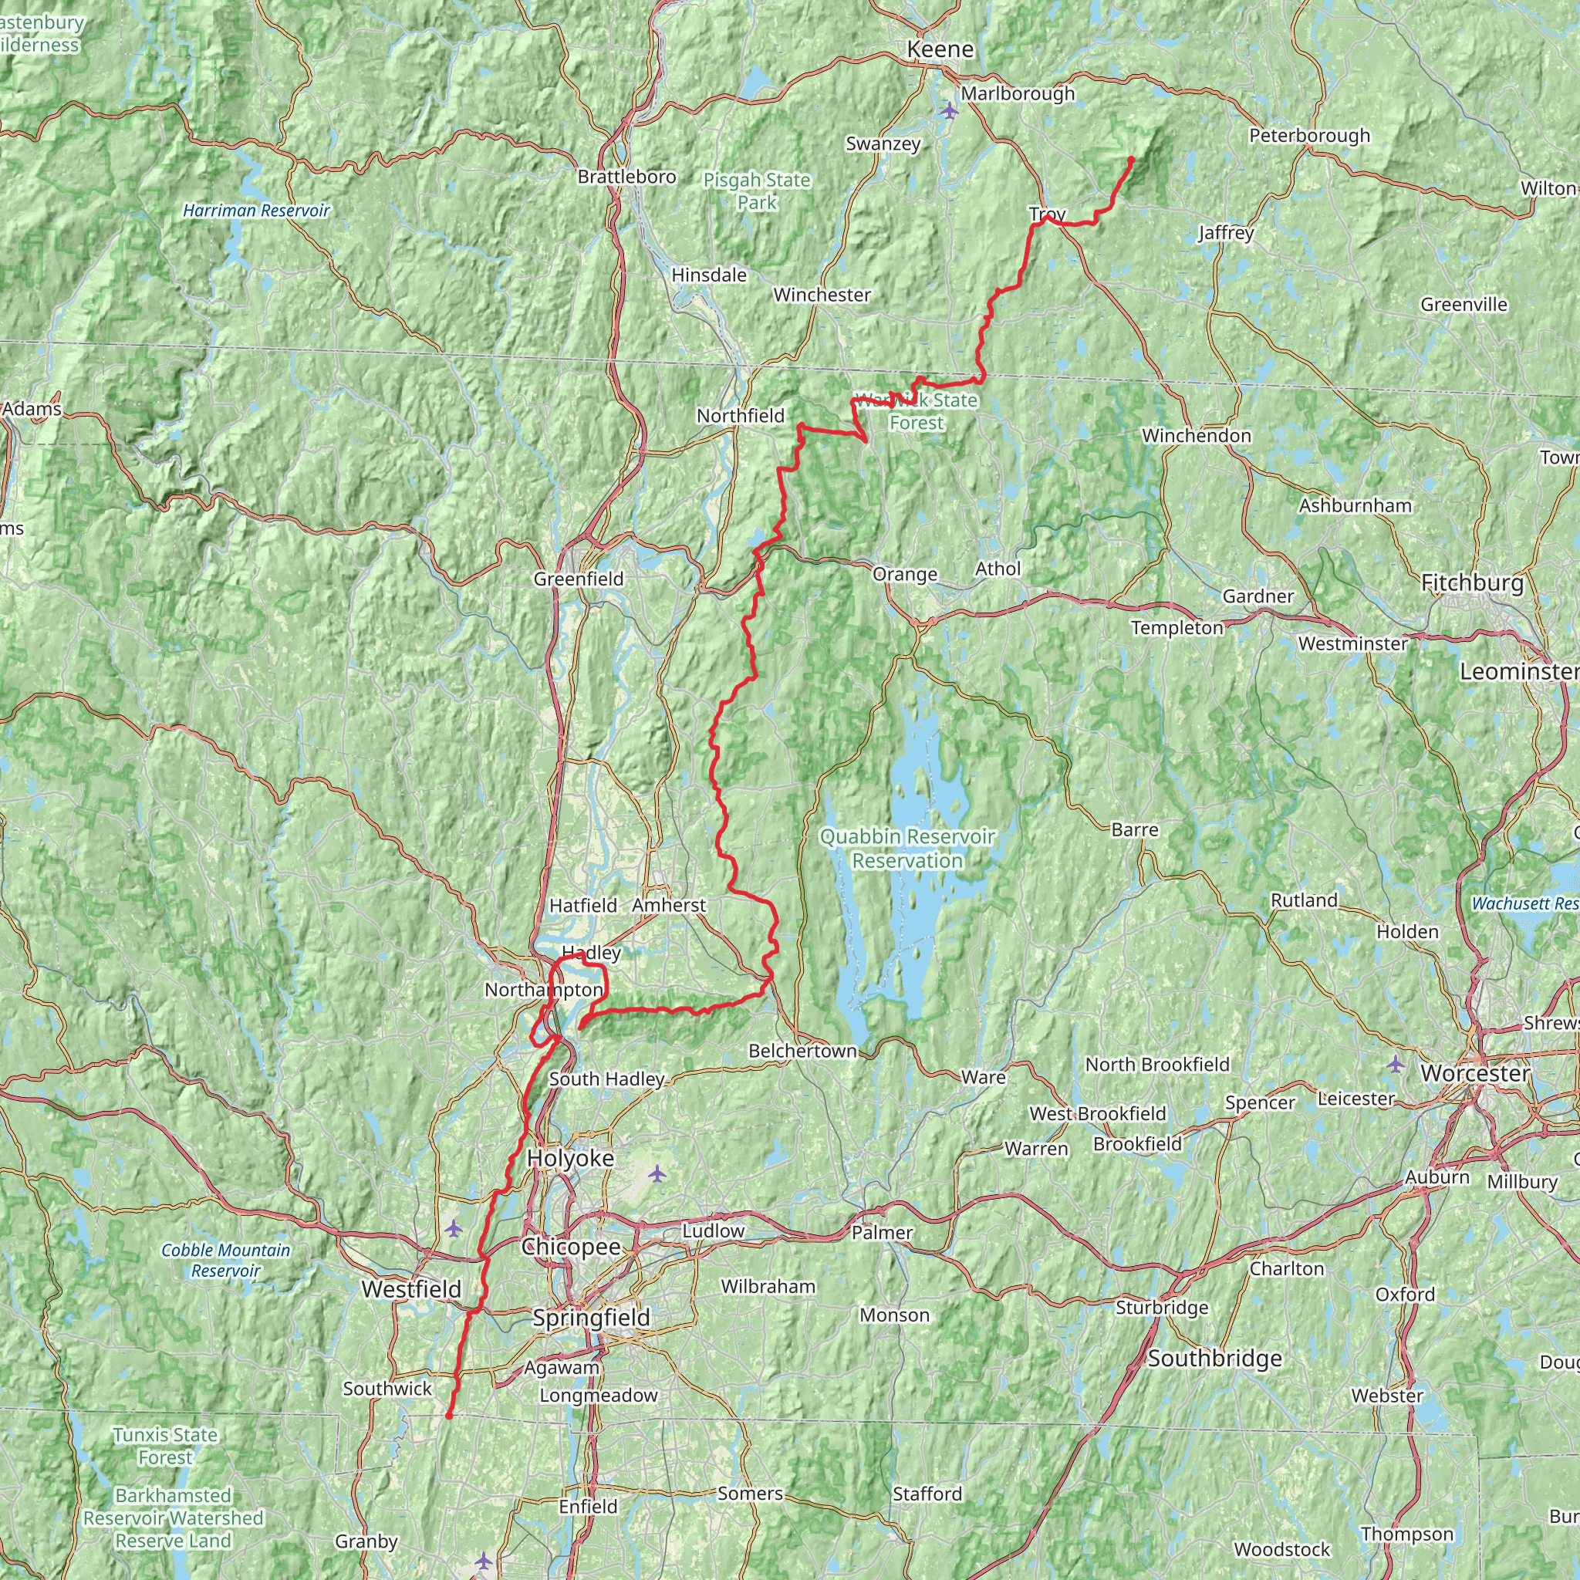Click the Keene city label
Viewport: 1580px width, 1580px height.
[940, 50]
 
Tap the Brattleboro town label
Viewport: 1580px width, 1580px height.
[626, 177]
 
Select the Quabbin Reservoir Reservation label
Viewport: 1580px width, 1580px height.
[907, 848]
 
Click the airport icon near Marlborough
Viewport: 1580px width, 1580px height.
[949, 110]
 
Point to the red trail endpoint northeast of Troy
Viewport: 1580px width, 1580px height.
[1131, 159]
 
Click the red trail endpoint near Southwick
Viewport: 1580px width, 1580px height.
[449, 1416]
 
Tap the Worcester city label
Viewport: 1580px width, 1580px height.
[1475, 1074]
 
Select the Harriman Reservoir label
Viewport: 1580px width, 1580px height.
[256, 211]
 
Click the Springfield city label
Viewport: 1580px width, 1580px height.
[590, 1318]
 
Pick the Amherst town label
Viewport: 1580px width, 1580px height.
[668, 905]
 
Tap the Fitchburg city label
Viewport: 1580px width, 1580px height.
[1472, 583]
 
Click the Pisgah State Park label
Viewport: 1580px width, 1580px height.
[757, 191]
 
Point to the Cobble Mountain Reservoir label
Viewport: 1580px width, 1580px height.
[226, 1261]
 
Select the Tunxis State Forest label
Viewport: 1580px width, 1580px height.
[165, 1446]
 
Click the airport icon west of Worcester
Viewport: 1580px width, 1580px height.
[1395, 1065]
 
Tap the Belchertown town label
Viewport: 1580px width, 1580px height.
[802, 1051]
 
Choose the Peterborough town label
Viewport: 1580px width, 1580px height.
[1309, 136]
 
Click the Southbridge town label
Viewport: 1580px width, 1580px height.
[1214, 1359]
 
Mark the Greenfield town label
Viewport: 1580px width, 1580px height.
[578, 579]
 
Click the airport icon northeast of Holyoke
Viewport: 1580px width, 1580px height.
[657, 1174]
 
